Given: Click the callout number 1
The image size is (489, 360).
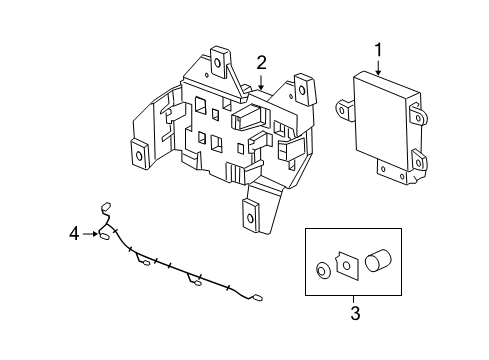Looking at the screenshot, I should point(379,49).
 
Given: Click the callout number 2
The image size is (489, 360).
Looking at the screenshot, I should point(261,63).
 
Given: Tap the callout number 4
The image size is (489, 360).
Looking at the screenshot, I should point(73,235).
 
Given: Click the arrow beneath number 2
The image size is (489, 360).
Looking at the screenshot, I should point(261,82).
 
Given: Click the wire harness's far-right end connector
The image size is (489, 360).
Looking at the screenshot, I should point(257,297).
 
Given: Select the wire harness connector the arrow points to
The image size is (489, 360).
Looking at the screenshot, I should point(102,236).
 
